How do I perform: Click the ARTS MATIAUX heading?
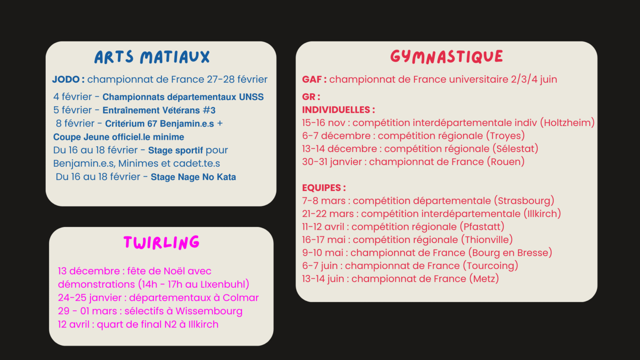point(152,57)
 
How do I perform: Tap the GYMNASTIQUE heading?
point(446,56)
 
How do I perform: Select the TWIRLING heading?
point(161,243)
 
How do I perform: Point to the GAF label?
point(313,79)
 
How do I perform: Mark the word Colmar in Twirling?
point(240,298)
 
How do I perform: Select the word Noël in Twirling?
point(161,271)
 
